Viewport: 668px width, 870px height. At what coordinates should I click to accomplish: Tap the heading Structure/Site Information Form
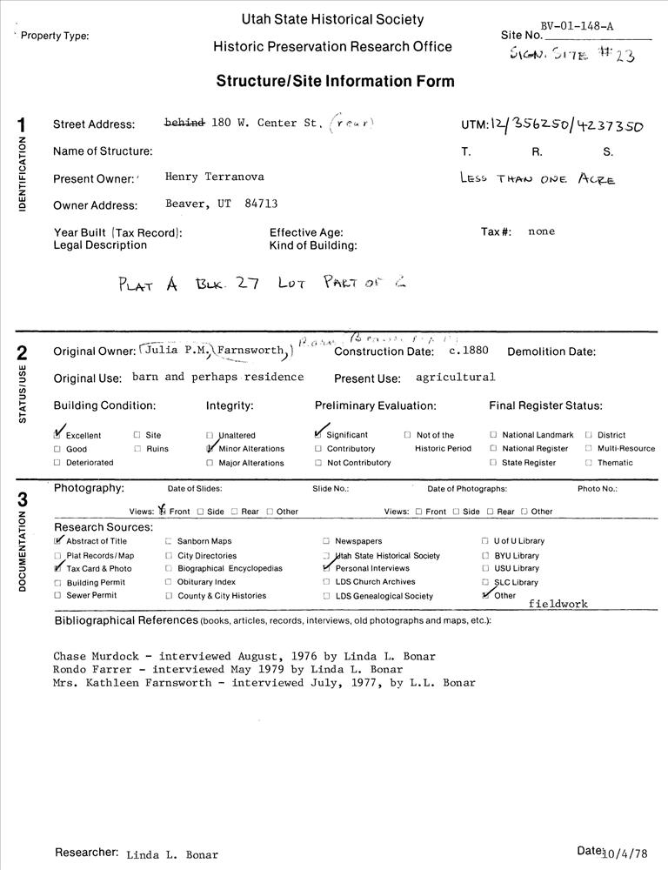335,82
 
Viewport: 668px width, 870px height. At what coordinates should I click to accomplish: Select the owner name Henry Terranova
215,177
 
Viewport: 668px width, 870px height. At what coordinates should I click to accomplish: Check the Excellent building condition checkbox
58,434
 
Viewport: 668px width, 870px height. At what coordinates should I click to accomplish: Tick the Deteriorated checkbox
57,462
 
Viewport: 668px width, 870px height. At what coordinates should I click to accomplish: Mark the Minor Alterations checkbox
210,448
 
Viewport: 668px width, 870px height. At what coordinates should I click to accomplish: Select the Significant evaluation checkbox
319,434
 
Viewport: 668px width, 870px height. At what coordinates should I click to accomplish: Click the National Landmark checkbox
493,434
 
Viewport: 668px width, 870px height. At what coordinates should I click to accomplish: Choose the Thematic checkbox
589,462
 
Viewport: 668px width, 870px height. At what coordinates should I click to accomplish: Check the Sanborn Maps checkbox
169,541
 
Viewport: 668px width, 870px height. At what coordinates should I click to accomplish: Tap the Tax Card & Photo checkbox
58,568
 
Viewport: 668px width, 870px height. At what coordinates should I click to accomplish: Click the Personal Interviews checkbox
326,568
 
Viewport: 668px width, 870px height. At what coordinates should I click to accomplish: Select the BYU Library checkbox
484,555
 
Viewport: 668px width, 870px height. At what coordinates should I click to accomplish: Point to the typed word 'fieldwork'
558,603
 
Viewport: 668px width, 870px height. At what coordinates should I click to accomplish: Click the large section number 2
22,354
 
